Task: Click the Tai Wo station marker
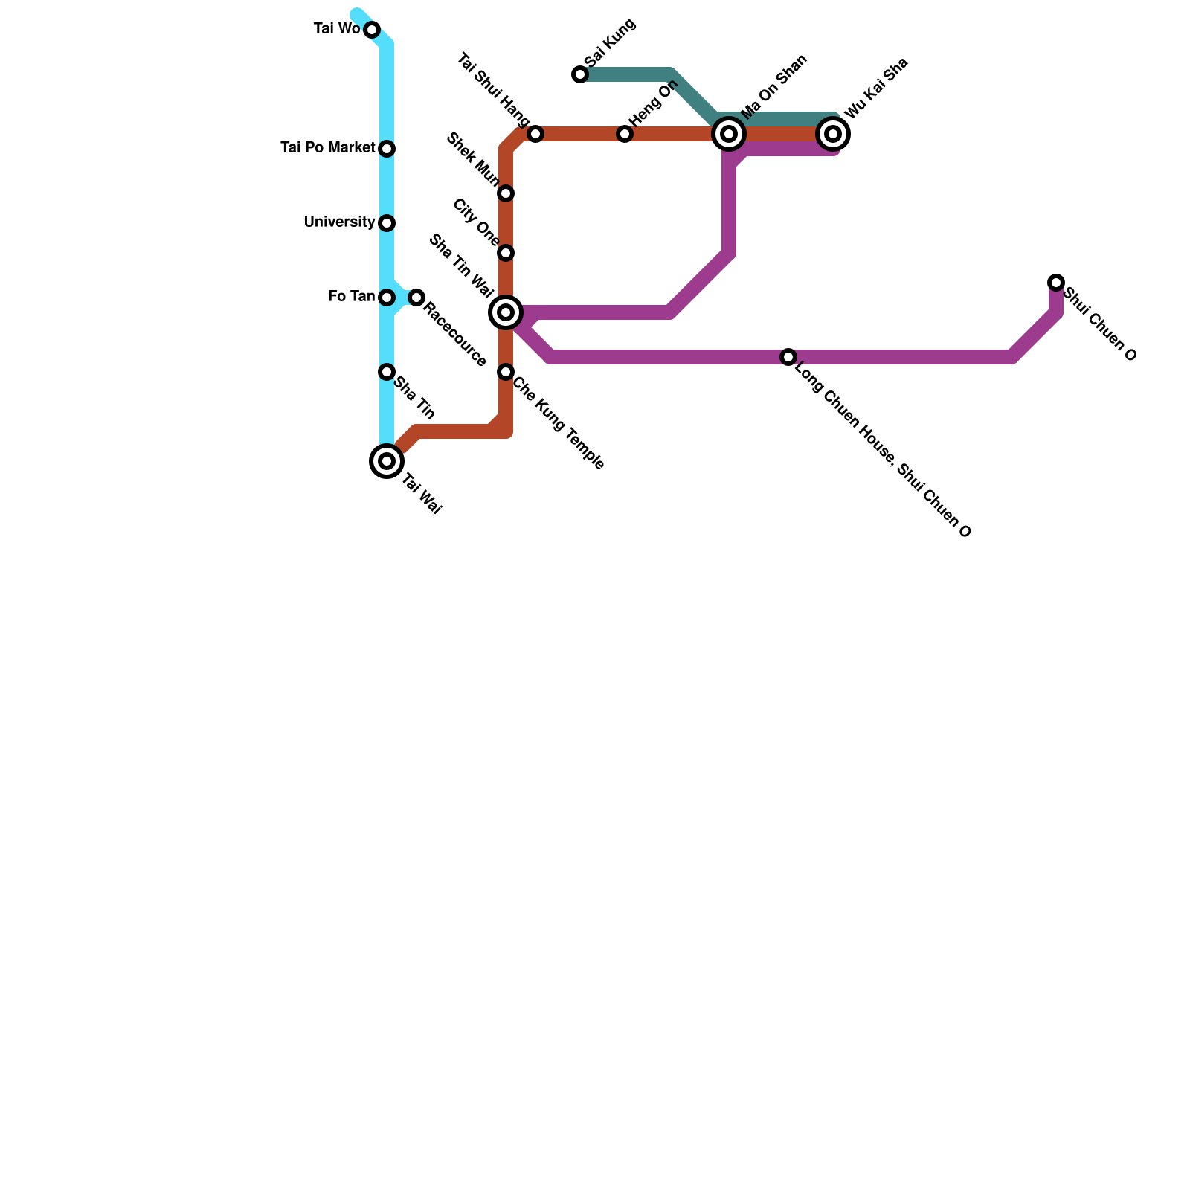click(372, 30)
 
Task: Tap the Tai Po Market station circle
click(387, 149)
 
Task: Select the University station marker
click(387, 223)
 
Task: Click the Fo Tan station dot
click(387, 297)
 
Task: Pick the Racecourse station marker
click(416, 297)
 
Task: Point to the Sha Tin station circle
click(387, 372)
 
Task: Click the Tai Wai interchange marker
click(387, 461)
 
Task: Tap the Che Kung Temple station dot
click(506, 372)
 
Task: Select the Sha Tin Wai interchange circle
click(506, 312)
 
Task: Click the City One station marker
click(506, 253)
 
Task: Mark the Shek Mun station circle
click(506, 193)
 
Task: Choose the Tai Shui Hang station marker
click(535, 134)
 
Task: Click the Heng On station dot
click(625, 134)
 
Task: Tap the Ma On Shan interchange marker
click(729, 134)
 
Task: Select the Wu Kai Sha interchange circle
click(833, 134)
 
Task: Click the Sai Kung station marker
click(580, 74)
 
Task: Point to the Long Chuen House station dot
click(788, 357)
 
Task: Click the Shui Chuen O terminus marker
click(1056, 283)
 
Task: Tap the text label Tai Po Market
click(327, 148)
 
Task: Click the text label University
click(339, 222)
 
